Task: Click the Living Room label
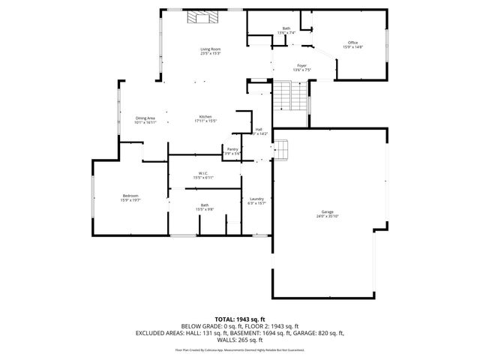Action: point(210,49)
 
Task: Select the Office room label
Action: point(352,43)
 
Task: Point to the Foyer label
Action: point(301,65)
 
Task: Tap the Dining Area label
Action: point(145,118)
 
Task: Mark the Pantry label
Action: point(232,149)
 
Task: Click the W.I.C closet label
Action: point(203,173)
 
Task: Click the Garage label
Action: point(327,211)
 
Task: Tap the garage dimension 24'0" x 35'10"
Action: point(327,216)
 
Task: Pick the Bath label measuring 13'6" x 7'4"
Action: point(286,28)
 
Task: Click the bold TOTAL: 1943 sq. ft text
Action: point(240,320)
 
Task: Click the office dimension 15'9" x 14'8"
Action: point(352,47)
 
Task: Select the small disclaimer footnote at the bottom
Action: point(240,349)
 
